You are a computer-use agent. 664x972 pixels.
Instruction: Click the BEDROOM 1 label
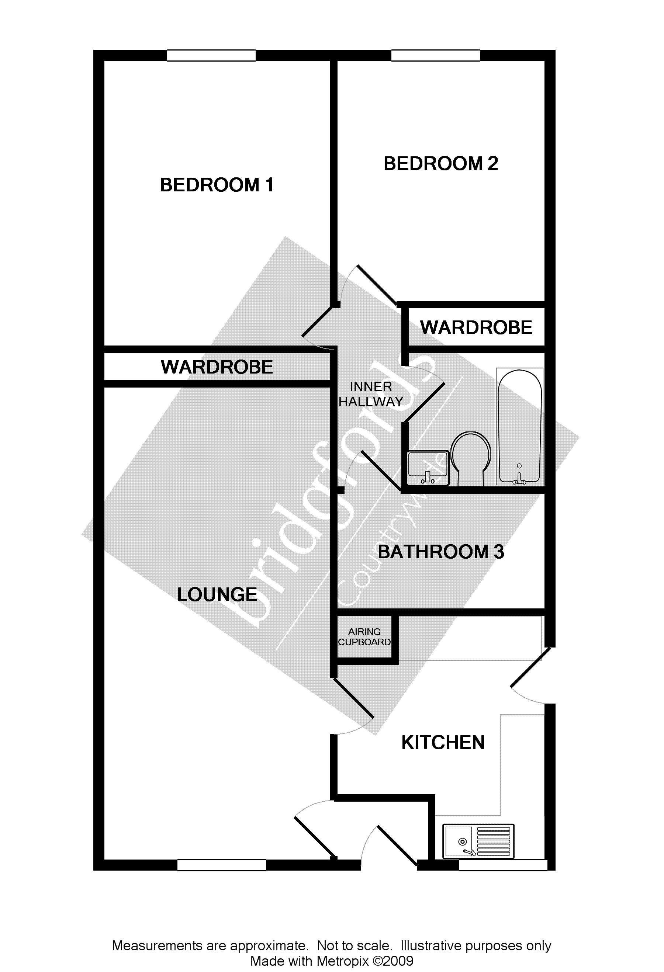click(217, 185)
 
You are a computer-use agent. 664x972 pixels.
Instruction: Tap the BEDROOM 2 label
click(440, 163)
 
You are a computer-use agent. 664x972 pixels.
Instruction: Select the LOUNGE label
click(217, 594)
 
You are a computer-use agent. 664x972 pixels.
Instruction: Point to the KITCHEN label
click(443, 742)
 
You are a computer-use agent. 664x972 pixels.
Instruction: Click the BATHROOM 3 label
click(440, 552)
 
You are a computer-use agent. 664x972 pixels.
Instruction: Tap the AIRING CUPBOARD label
click(364, 636)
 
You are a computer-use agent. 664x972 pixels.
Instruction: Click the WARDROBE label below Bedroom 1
click(217, 367)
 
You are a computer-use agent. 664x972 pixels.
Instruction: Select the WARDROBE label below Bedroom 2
click(476, 327)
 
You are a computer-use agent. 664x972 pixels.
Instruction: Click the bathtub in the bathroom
click(519, 427)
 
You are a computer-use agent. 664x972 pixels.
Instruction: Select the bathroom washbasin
click(428, 468)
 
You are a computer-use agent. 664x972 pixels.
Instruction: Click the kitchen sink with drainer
click(478, 841)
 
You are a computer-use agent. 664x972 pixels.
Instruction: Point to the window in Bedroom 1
click(211, 55)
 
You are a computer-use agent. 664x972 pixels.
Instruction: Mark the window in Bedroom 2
click(435, 55)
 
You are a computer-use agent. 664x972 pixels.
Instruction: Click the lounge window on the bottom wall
click(221, 865)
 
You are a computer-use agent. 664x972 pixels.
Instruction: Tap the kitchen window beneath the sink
click(502, 865)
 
